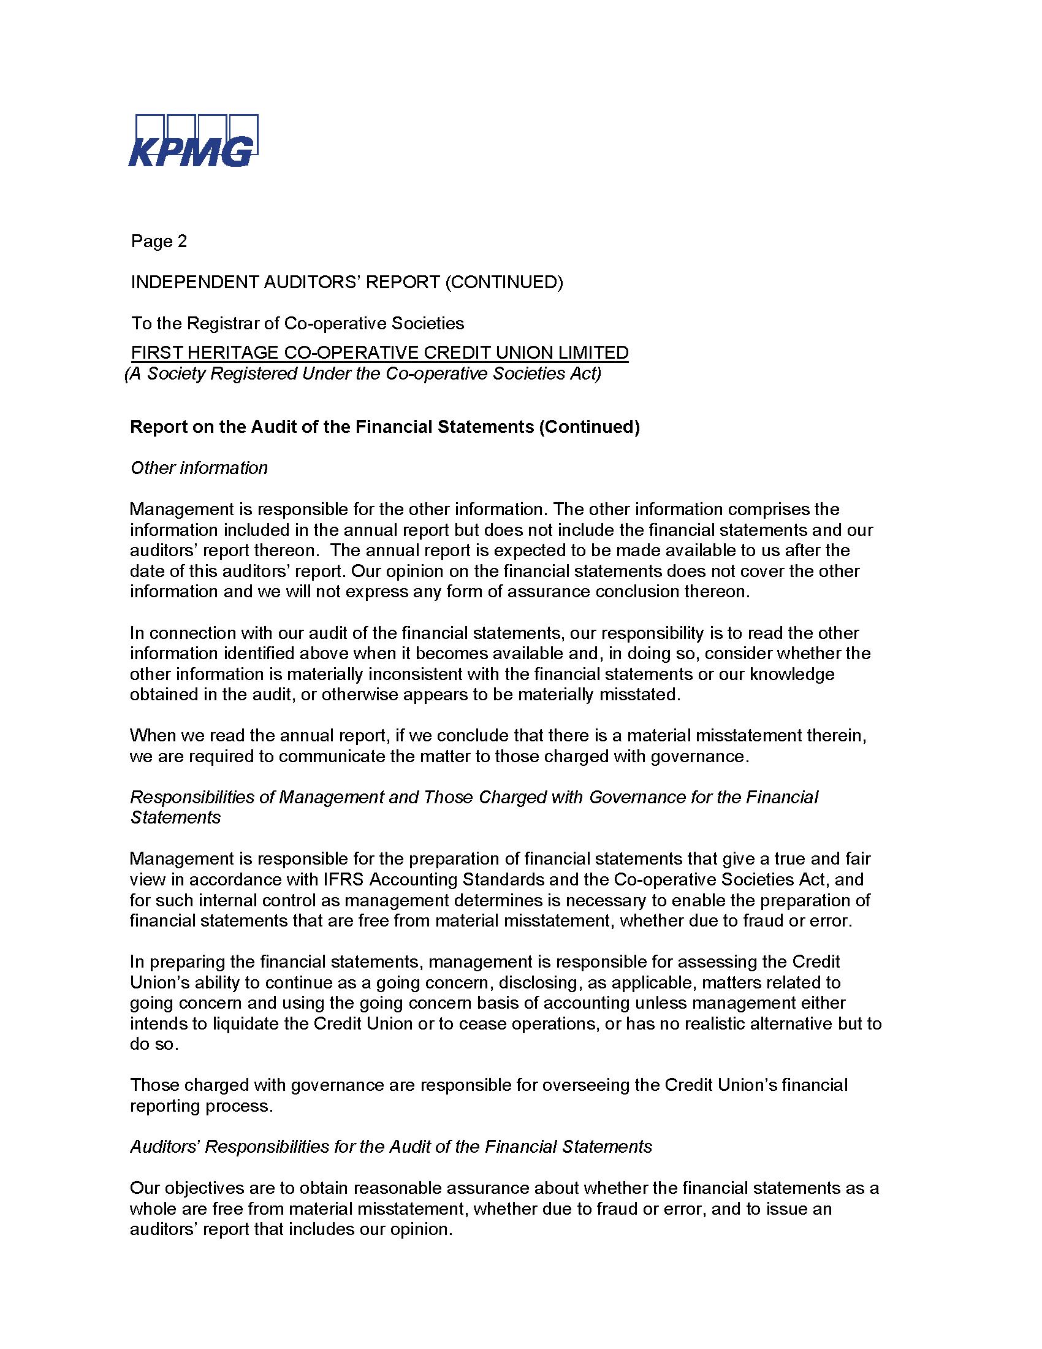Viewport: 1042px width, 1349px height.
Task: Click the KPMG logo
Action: [192, 141]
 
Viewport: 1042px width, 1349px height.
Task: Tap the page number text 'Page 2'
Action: [159, 241]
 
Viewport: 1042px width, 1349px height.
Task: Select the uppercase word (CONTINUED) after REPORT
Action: [504, 282]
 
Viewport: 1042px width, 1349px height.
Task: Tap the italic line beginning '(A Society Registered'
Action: [362, 373]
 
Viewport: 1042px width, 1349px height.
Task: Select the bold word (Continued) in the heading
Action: [589, 427]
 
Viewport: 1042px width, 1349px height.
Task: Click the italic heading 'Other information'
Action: [199, 468]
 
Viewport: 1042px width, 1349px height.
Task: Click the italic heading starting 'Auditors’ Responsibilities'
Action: [391, 1147]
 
